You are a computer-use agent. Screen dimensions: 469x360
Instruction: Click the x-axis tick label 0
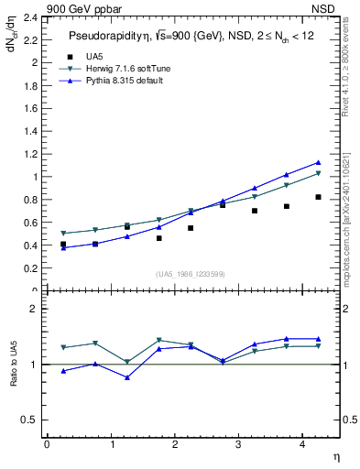click(47, 445)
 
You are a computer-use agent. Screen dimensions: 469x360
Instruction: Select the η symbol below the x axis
click(334, 455)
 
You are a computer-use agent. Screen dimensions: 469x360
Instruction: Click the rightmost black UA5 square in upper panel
click(318, 197)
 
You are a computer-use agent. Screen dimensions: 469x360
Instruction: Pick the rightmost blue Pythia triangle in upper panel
click(318, 162)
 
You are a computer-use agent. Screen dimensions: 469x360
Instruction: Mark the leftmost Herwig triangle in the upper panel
click(63, 234)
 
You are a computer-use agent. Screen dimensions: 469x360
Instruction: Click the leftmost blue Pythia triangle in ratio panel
click(63, 371)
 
